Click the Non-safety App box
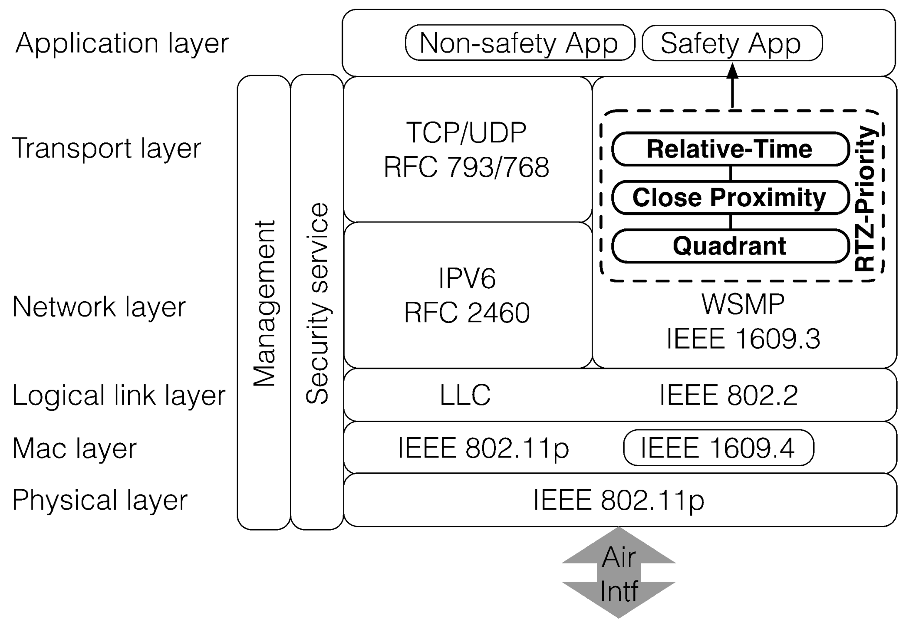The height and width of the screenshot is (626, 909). pyautogui.click(x=520, y=43)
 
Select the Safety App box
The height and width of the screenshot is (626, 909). pyautogui.click(x=731, y=43)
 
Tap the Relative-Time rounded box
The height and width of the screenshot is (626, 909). pyautogui.click(x=730, y=149)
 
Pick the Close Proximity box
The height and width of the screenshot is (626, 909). pyautogui.click(x=730, y=198)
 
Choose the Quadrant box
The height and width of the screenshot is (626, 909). pyautogui.click(x=730, y=246)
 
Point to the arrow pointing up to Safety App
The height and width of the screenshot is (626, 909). pyautogui.click(x=732, y=86)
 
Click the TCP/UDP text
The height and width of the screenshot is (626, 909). pyautogui.click(x=467, y=132)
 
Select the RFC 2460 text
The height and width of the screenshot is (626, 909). pyautogui.click(x=467, y=313)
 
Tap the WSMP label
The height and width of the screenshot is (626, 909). pyautogui.click(x=743, y=304)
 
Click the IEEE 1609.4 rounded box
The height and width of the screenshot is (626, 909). pyautogui.click(x=718, y=448)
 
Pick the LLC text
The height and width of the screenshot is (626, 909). pyautogui.click(x=465, y=395)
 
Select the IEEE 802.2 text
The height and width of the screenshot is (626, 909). pyautogui.click(x=728, y=395)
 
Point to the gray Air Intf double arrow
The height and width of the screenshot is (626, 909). pyautogui.click(x=619, y=573)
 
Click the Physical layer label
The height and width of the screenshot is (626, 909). pyautogui.click(x=100, y=500)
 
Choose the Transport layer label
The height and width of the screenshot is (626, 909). pyautogui.click(x=106, y=148)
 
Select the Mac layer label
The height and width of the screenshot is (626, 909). pyautogui.click(x=74, y=448)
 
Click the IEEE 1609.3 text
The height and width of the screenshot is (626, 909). pyautogui.click(x=743, y=339)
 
